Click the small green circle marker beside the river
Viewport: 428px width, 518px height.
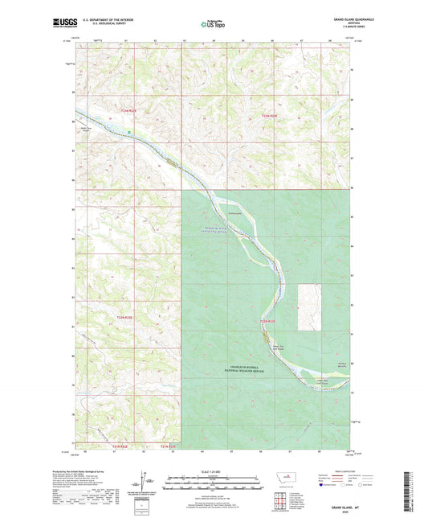128,131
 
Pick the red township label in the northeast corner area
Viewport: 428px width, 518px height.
274,117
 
